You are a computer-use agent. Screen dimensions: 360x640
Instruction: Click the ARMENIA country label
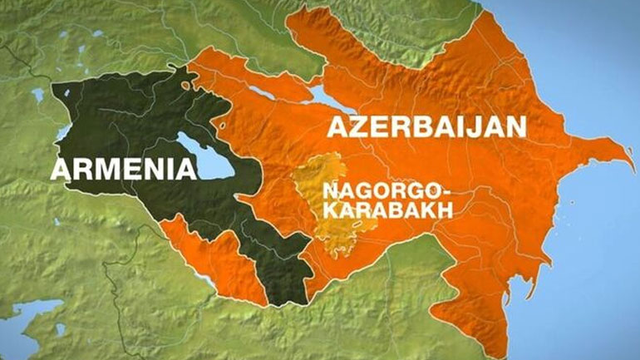pos(124,170)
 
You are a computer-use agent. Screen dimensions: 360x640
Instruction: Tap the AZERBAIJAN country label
pos(427,127)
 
